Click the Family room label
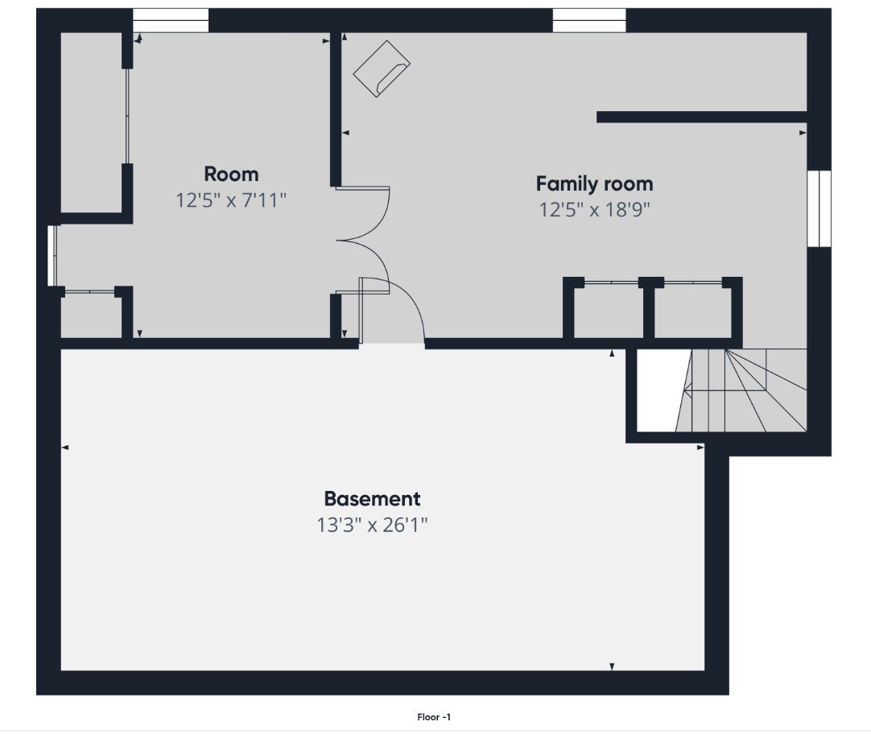pos(594,183)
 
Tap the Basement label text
pos(372,498)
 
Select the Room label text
pos(231,175)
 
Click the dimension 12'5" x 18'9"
pos(594,210)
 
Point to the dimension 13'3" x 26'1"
pos(372,525)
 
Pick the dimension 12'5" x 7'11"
pos(231,200)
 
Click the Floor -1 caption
pos(434,717)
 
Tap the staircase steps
pos(742,390)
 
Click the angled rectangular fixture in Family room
pos(382,68)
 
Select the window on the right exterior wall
pos(819,208)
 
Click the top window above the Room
pos(171,21)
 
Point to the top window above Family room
pos(589,21)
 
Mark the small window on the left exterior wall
pos(53,255)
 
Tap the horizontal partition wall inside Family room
pos(702,118)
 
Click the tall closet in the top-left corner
pos(92,122)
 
